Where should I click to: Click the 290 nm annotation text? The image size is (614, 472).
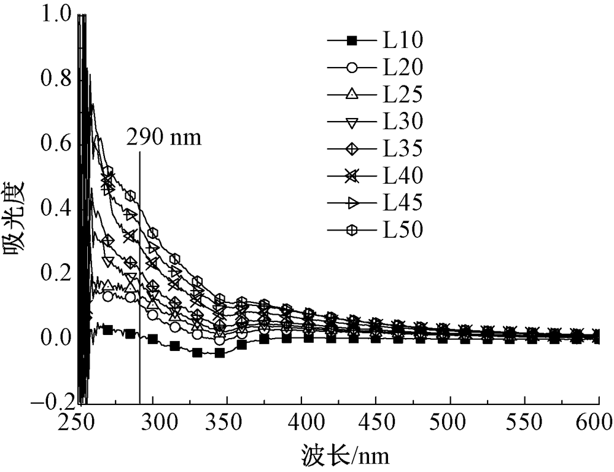pos(164,137)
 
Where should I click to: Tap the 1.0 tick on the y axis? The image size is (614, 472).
pos(58,15)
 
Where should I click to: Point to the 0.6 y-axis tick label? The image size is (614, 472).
pos(58,144)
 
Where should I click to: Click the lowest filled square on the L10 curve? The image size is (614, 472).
pos(219,353)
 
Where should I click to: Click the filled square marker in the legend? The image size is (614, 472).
pos(352,41)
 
